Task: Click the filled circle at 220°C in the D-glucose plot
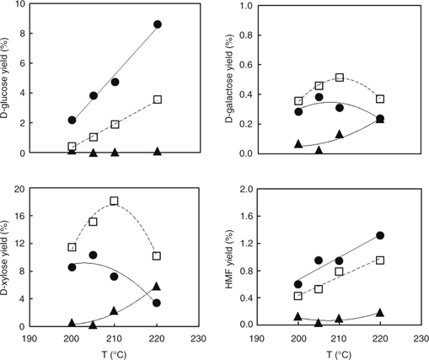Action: click(x=158, y=24)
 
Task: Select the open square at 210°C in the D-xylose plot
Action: click(x=114, y=201)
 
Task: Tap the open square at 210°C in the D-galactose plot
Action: click(x=340, y=78)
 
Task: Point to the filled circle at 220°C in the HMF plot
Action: click(x=380, y=235)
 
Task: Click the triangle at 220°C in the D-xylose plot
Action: click(x=157, y=286)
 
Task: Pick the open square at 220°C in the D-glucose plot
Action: click(x=158, y=99)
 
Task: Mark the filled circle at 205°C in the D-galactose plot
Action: click(x=319, y=97)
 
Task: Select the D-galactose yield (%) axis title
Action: click(x=229, y=80)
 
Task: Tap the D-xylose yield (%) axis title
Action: click(x=5, y=257)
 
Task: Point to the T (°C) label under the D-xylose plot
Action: click(x=115, y=354)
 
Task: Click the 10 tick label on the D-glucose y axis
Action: click(x=20, y=4)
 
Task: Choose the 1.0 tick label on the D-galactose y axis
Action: click(x=246, y=5)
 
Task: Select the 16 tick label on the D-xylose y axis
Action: click(x=19, y=216)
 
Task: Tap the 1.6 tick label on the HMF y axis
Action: click(x=246, y=216)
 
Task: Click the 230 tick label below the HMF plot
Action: click(x=421, y=338)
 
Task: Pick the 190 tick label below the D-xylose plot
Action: click(x=29, y=338)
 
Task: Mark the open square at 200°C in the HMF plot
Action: click(x=298, y=296)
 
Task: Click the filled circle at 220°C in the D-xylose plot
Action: click(x=157, y=303)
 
